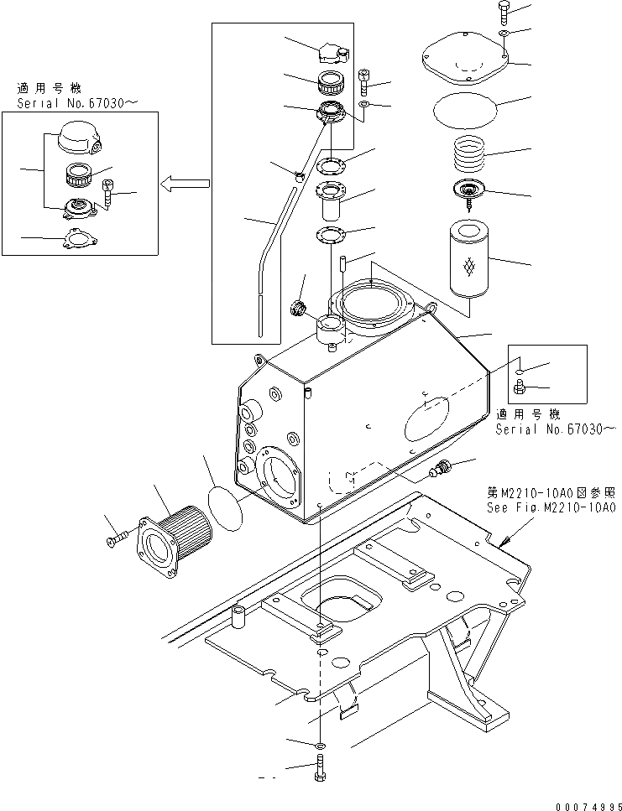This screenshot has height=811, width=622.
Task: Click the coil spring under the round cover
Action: point(476,154)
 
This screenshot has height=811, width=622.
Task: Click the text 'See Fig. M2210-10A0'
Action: point(551,508)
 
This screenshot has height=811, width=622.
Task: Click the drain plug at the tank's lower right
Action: point(440,470)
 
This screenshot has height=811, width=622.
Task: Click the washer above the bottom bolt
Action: point(321,745)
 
